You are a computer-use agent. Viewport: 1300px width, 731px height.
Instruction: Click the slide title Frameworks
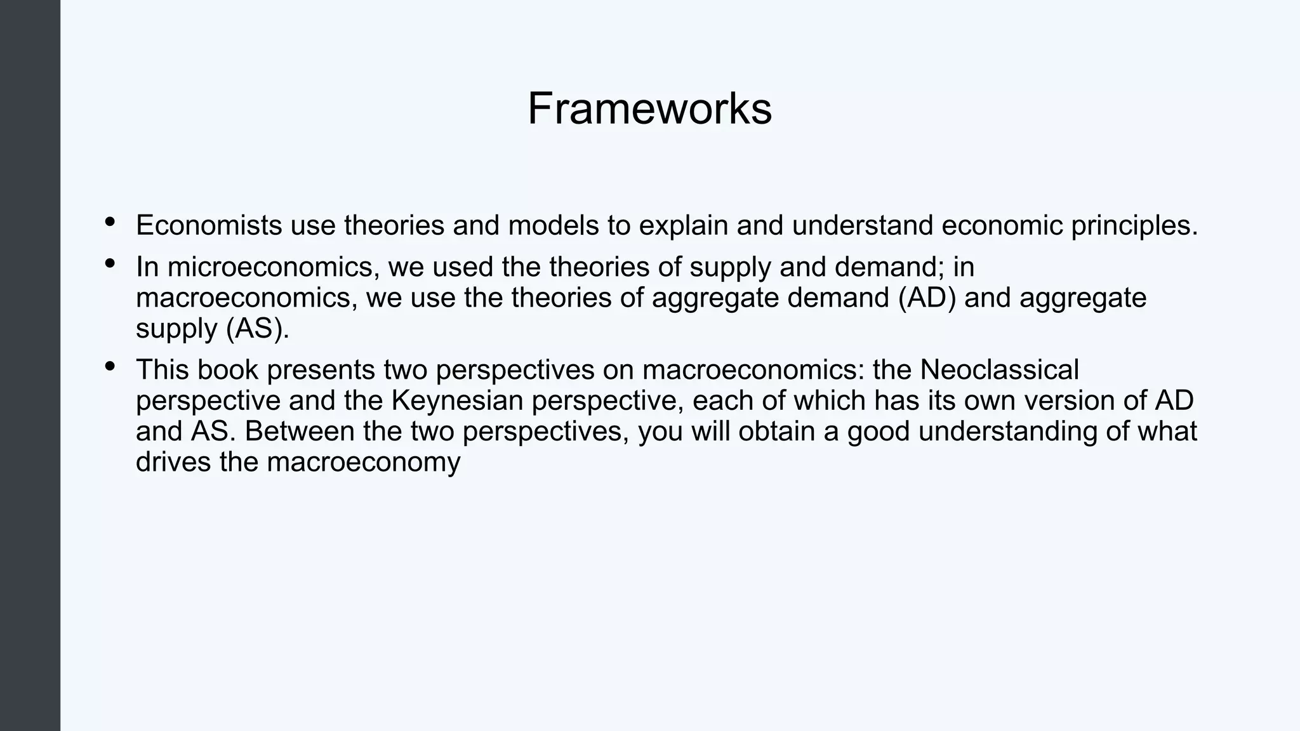[649, 109]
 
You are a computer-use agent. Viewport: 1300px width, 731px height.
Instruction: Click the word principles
[1134, 227]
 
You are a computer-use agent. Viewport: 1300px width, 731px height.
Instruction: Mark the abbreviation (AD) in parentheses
[927, 298]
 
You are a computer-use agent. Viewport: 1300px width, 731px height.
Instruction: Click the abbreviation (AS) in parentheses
[257, 329]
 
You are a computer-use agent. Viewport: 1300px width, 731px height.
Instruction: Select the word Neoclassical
[999, 369]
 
